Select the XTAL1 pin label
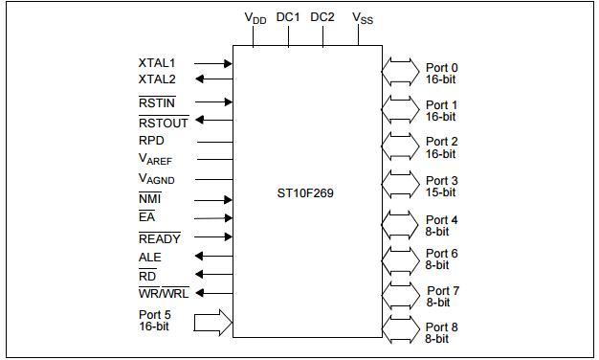(x=157, y=62)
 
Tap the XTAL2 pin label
(x=157, y=79)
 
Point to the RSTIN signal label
(x=157, y=101)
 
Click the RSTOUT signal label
(x=164, y=122)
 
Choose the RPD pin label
(x=151, y=141)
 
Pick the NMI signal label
(x=149, y=199)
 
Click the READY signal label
(x=160, y=238)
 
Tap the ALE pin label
(x=150, y=258)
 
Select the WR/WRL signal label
(x=164, y=294)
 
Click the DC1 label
(x=288, y=16)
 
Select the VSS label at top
(x=363, y=17)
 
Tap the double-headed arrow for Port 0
(x=399, y=69)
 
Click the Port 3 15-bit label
(x=441, y=186)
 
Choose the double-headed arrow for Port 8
(x=399, y=330)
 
